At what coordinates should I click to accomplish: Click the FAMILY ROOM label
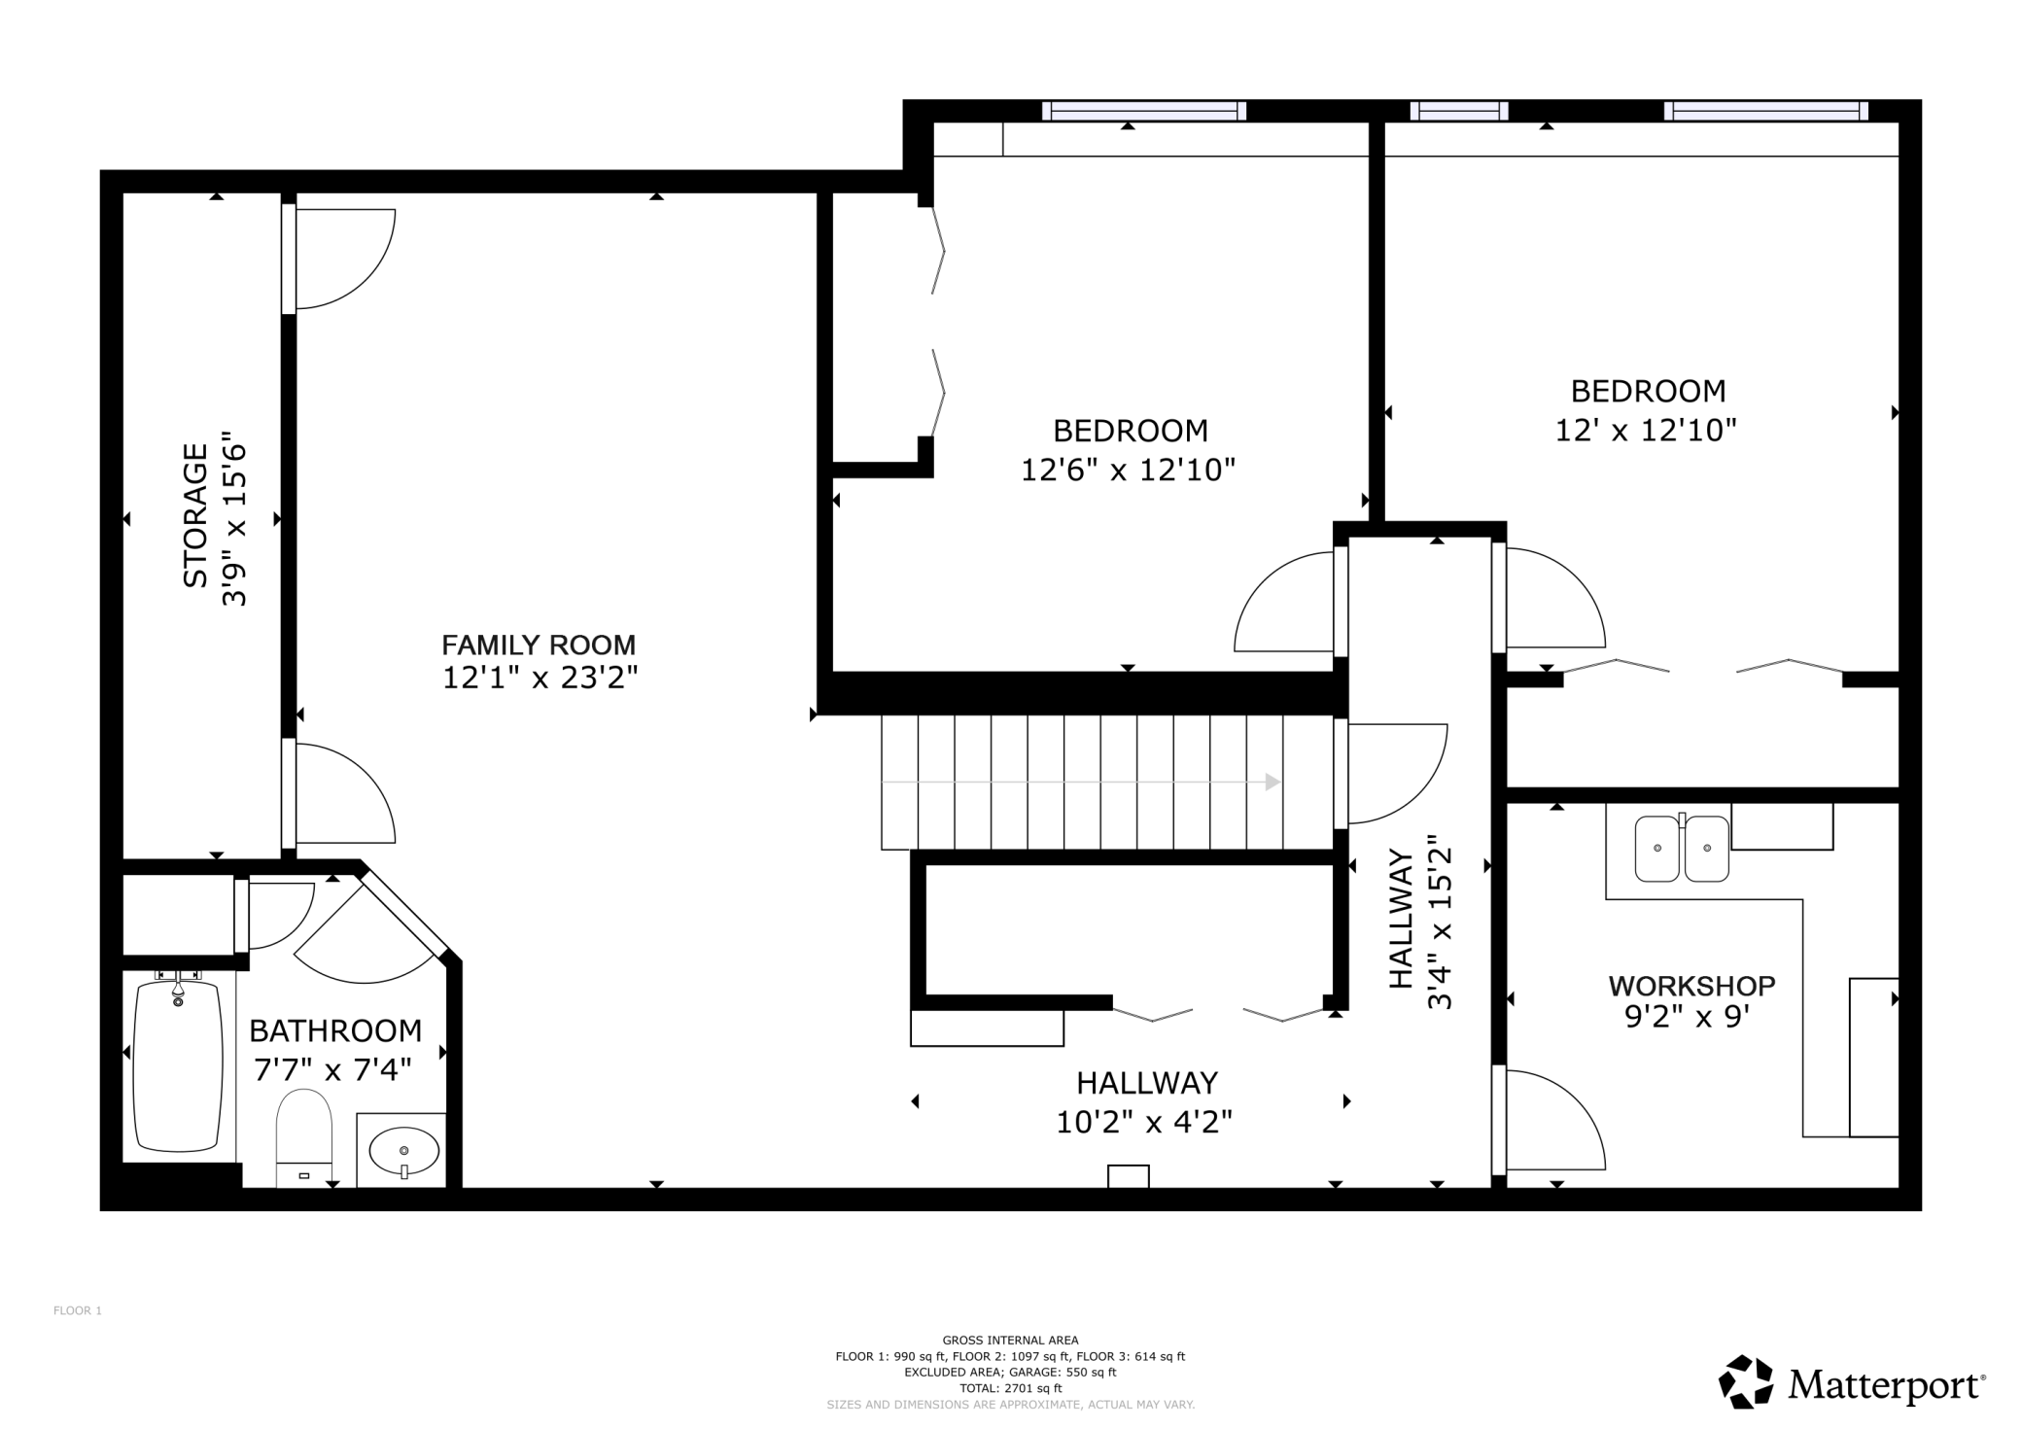[539, 645]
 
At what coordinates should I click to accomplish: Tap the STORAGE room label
[195, 516]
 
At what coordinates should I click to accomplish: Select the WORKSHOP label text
[1691, 986]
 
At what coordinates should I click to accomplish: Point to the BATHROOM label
[335, 1030]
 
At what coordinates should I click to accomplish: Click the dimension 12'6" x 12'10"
[1128, 471]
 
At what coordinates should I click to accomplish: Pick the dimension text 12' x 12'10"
[1646, 431]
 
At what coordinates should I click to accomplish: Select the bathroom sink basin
[404, 1152]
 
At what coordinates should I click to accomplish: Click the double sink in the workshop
[1682, 848]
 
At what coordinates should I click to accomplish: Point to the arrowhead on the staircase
[1272, 782]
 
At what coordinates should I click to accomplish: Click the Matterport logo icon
[1747, 1381]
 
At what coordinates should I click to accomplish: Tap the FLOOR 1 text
[78, 1310]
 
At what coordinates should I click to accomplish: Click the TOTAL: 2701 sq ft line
[1010, 1388]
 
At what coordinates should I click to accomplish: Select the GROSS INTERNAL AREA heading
[1010, 1340]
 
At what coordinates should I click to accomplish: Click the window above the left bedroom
[1144, 111]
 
